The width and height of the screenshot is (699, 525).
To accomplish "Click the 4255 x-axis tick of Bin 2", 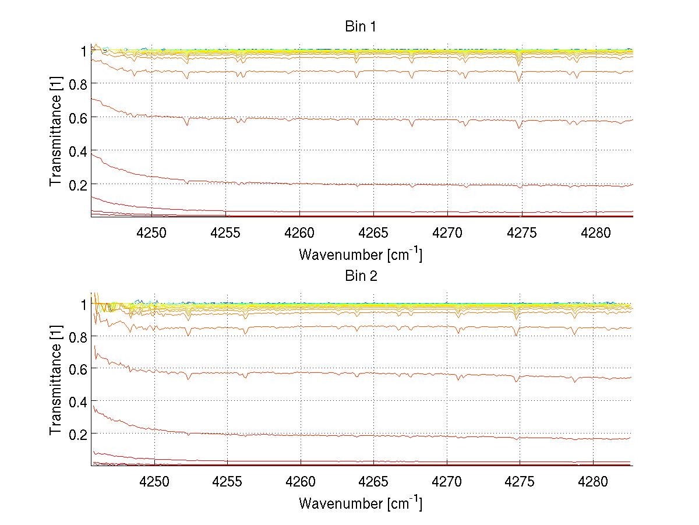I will (227, 482).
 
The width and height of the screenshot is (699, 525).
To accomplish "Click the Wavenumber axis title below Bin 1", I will (361, 254).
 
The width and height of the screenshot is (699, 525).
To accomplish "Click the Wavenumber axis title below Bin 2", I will (361, 503).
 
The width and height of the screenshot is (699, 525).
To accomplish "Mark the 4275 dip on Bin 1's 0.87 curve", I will (518, 80).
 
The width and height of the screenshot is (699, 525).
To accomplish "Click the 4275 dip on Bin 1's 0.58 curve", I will (518, 128).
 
